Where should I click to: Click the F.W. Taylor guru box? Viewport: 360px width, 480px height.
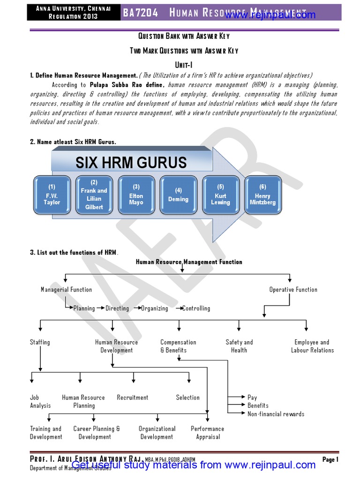(52, 195)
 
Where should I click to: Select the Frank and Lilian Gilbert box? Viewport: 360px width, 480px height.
(94, 195)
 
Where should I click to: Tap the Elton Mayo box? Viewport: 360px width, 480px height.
(136, 195)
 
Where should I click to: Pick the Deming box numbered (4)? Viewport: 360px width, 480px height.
(178, 195)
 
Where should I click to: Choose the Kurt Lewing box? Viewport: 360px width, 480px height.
(220, 195)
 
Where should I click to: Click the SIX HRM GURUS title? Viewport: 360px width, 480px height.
(131, 163)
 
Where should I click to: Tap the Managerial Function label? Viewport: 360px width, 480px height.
(66, 290)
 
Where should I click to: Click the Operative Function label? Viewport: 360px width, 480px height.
(293, 290)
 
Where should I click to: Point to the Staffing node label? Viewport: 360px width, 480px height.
(40, 342)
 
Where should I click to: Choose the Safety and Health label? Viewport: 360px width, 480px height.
(239, 346)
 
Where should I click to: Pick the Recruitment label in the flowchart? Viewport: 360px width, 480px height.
(133, 397)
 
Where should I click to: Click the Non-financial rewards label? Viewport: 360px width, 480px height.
(276, 414)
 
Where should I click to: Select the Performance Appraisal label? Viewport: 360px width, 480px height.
(208, 433)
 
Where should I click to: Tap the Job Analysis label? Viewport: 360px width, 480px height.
(40, 401)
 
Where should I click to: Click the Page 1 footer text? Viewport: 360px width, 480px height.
(330, 459)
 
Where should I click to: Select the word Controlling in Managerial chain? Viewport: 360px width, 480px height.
(196, 308)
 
